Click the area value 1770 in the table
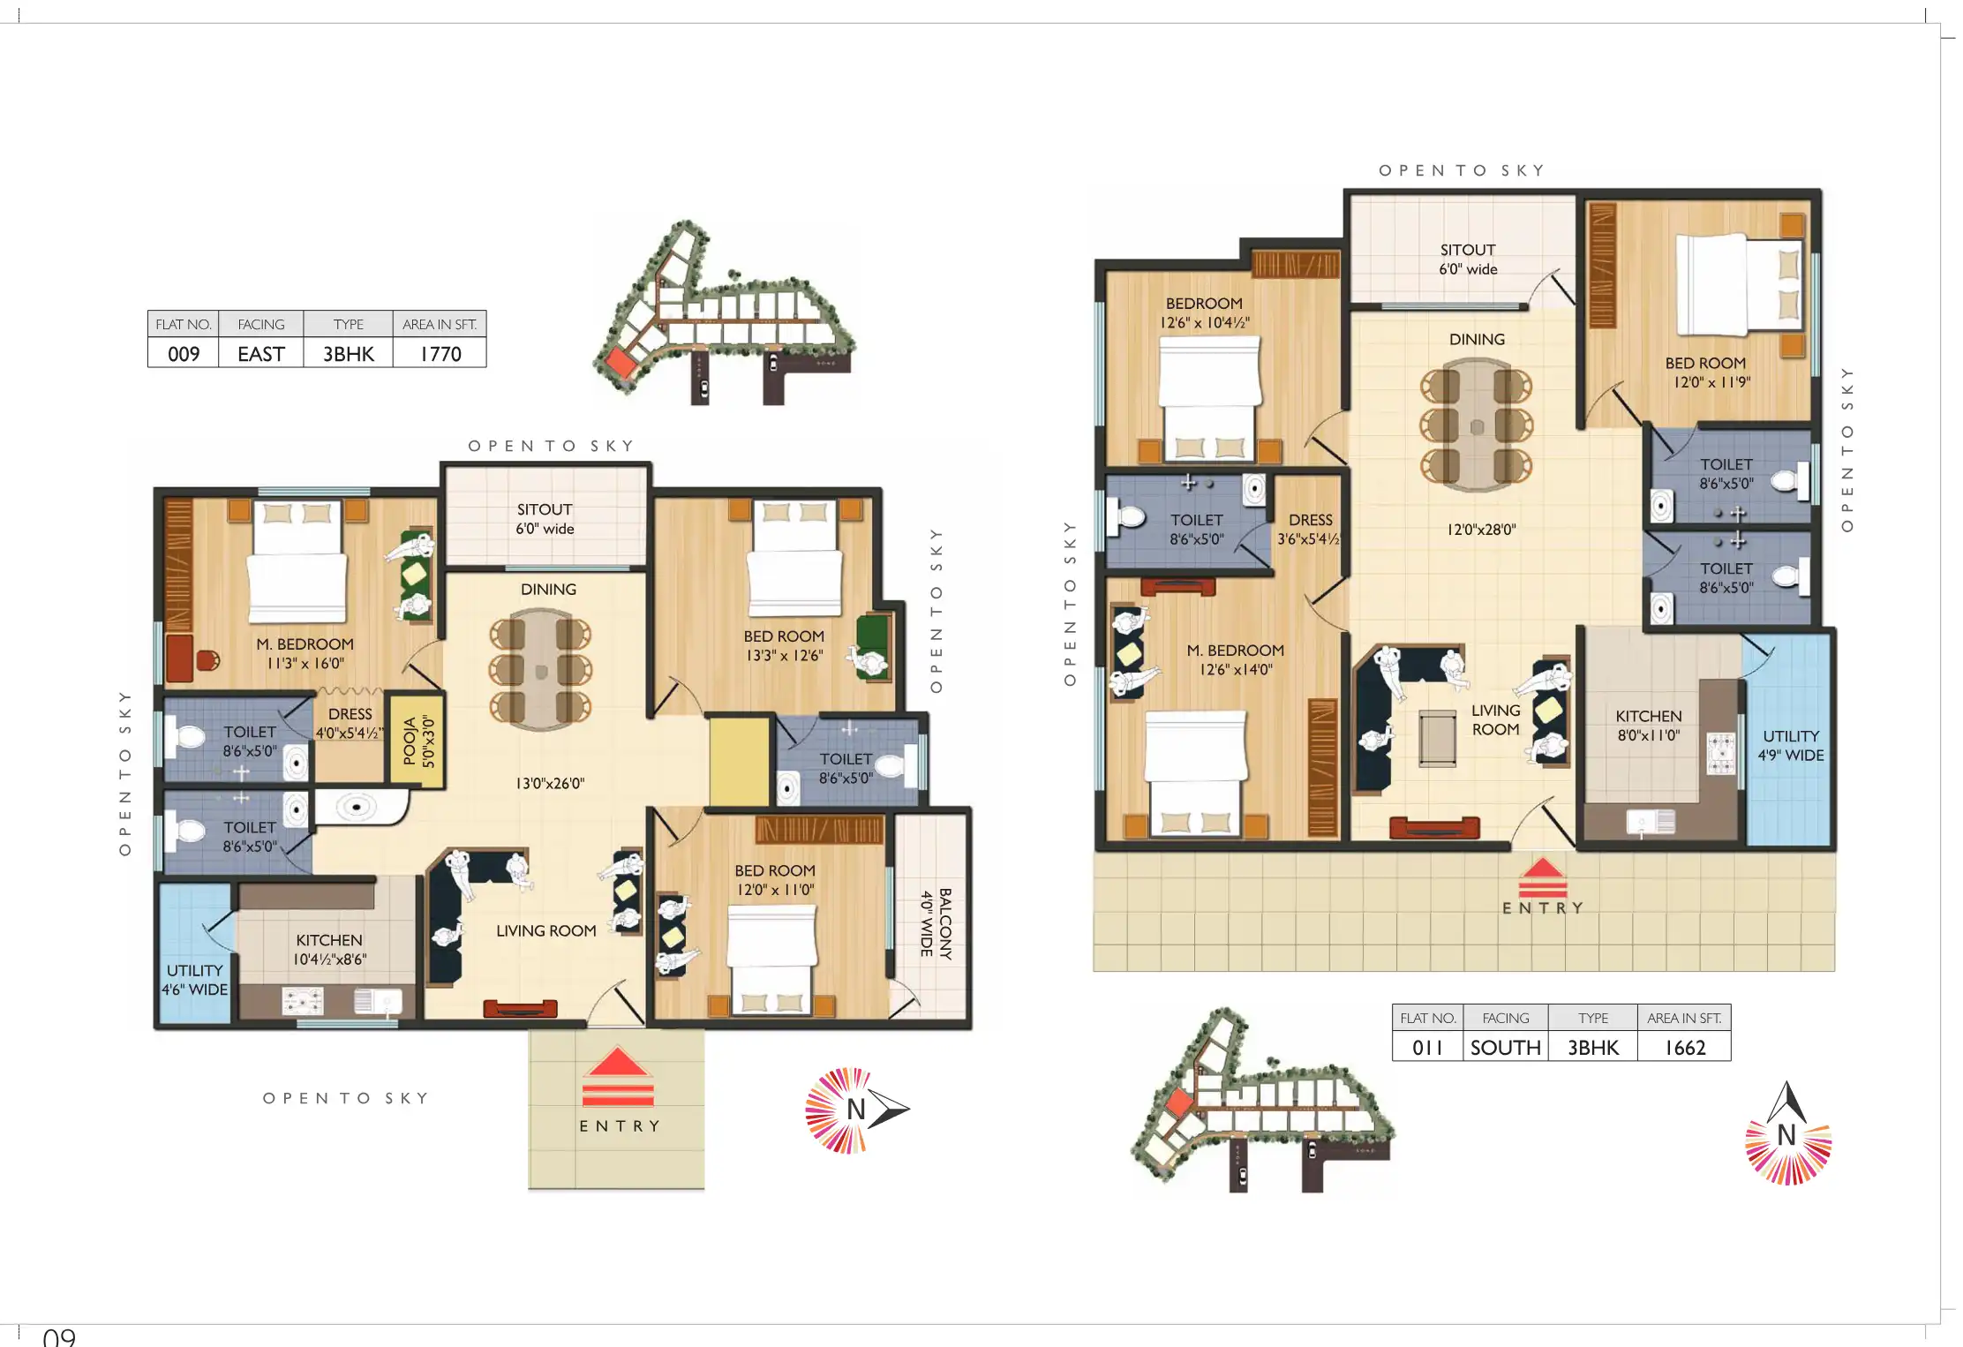(x=440, y=354)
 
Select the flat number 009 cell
(x=184, y=354)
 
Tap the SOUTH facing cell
(x=1505, y=1048)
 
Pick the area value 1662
(x=1685, y=1048)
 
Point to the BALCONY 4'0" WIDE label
(x=936, y=923)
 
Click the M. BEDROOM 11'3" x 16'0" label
(x=305, y=654)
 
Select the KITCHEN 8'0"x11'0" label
(x=1649, y=726)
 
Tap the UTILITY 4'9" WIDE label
(x=1791, y=746)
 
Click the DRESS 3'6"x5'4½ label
(x=1310, y=530)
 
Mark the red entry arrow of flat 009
(x=618, y=1077)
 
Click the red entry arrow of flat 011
(x=1542, y=877)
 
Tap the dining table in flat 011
(x=1477, y=425)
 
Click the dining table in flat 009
(x=541, y=671)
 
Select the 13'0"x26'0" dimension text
(x=550, y=783)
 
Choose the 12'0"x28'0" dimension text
(x=1481, y=530)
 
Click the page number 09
(x=59, y=1336)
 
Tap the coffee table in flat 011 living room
(x=1437, y=739)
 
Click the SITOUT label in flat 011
(x=1468, y=260)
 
